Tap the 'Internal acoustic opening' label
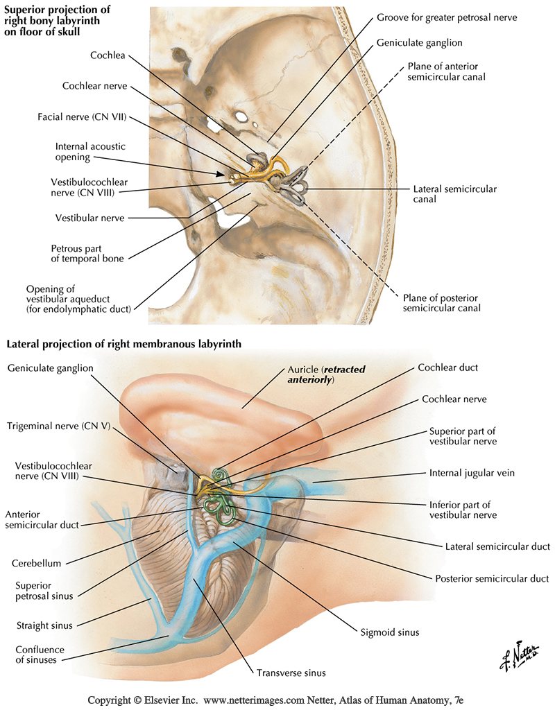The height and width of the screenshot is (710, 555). click(x=83, y=151)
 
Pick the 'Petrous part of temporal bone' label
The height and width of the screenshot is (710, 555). click(x=87, y=253)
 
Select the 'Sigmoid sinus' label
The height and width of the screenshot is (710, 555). click(x=390, y=632)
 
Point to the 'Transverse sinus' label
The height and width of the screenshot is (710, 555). click(x=291, y=672)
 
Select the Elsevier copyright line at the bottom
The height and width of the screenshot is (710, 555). click(x=277, y=700)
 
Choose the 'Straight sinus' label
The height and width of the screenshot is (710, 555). click(x=44, y=625)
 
